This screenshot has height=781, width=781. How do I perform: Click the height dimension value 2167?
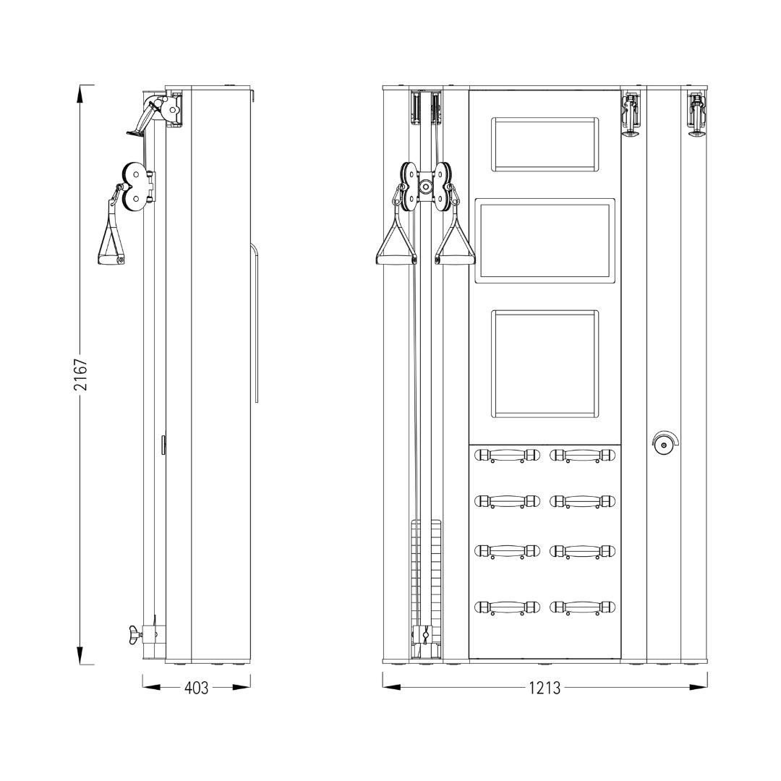click(x=81, y=374)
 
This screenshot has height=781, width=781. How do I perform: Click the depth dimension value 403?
click(x=196, y=688)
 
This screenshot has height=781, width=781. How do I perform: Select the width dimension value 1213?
click(x=545, y=688)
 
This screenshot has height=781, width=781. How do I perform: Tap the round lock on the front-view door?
click(x=664, y=443)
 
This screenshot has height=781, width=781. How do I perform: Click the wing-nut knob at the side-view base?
click(x=134, y=635)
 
